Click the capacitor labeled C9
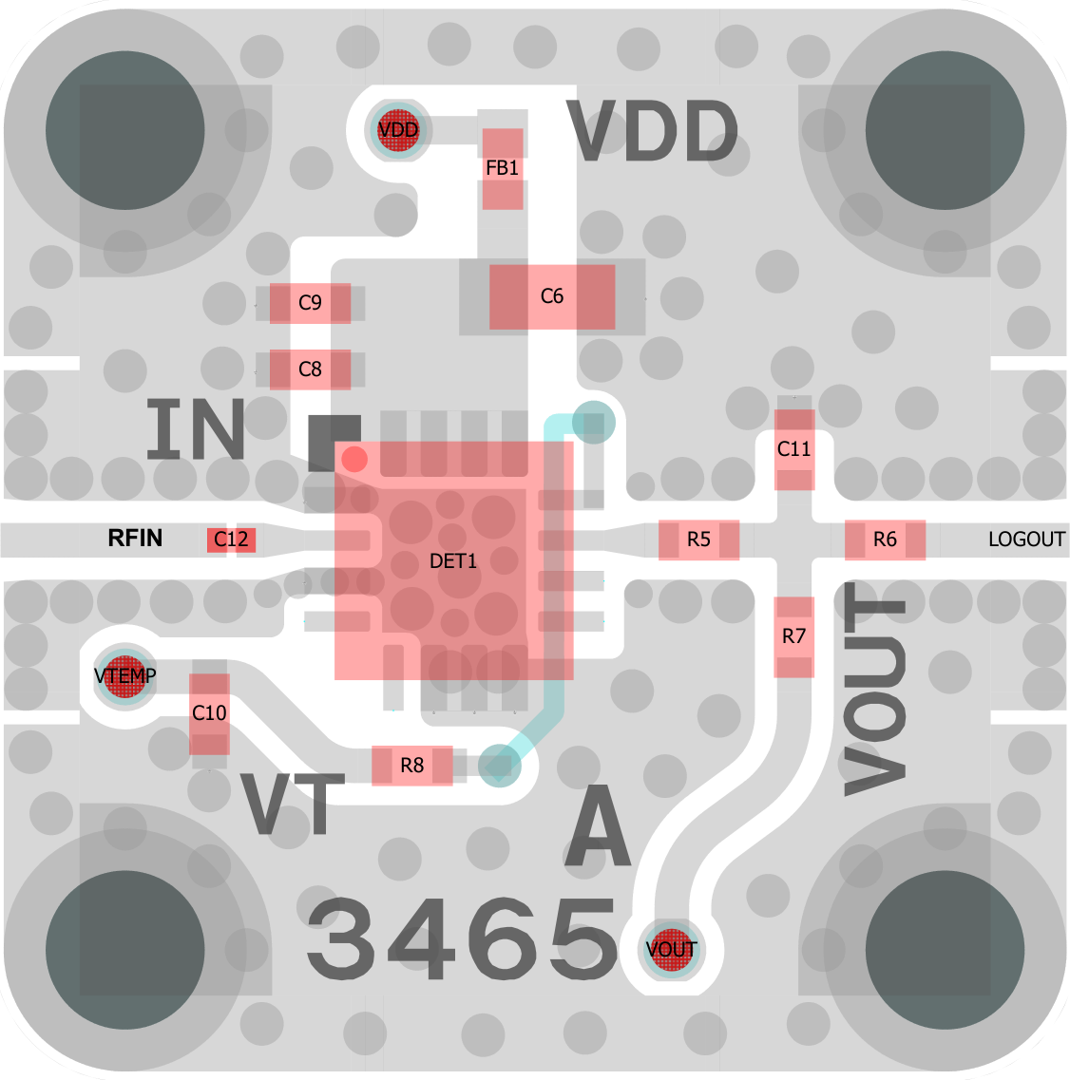tap(310, 303)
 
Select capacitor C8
tap(310, 369)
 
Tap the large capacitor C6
tap(552, 297)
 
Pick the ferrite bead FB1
tap(503, 169)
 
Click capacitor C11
tap(794, 450)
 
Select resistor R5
tap(698, 540)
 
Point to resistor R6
tap(885, 540)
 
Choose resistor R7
tap(793, 637)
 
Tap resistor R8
tap(412, 766)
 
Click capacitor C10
tap(209, 713)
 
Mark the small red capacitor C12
tap(232, 540)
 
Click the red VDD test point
tap(398, 129)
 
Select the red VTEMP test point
tap(124, 676)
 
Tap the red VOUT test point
tap(671, 950)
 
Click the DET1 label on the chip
tap(452, 561)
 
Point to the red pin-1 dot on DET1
tap(354, 460)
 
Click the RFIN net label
tap(135, 538)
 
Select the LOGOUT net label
tap(1026, 540)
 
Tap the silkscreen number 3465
tap(462, 938)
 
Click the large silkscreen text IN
tap(196, 429)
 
